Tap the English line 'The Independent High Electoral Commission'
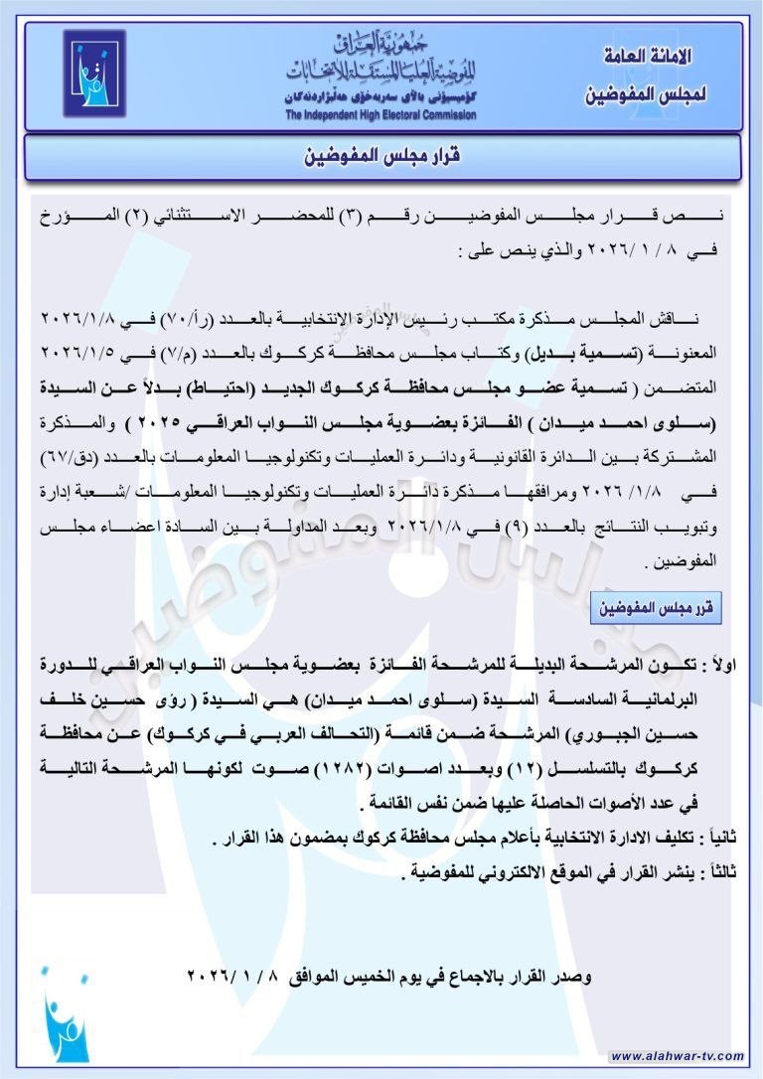click(x=381, y=115)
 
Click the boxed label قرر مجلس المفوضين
click(x=656, y=606)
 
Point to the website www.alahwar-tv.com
click(x=676, y=1055)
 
